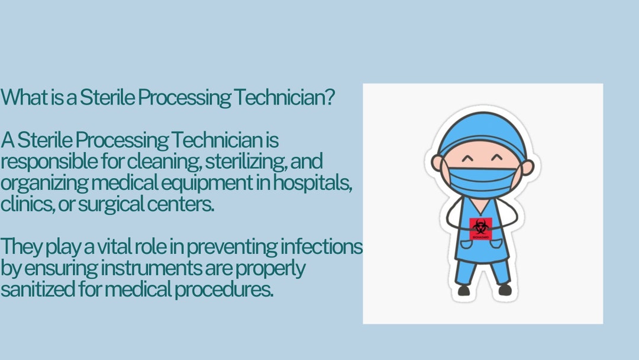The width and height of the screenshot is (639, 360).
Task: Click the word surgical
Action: (x=102, y=205)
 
